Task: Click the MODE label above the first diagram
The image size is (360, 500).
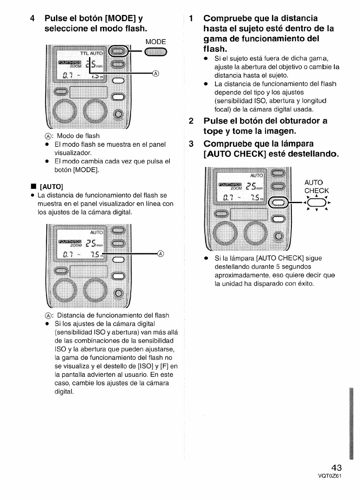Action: [156, 42]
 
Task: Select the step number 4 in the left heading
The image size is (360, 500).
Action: [32, 19]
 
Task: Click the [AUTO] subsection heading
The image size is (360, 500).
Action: [51, 187]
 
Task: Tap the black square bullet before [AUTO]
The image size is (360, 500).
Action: [33, 187]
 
